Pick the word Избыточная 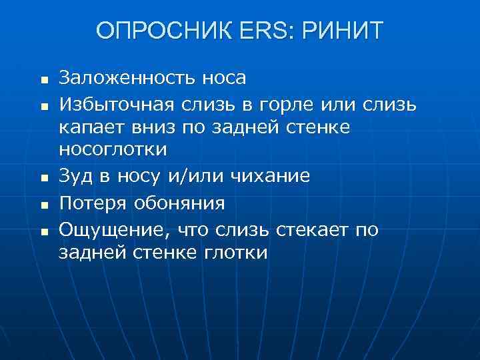click(x=116, y=104)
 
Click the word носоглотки click(x=113, y=150)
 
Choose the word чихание click(x=270, y=177)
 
